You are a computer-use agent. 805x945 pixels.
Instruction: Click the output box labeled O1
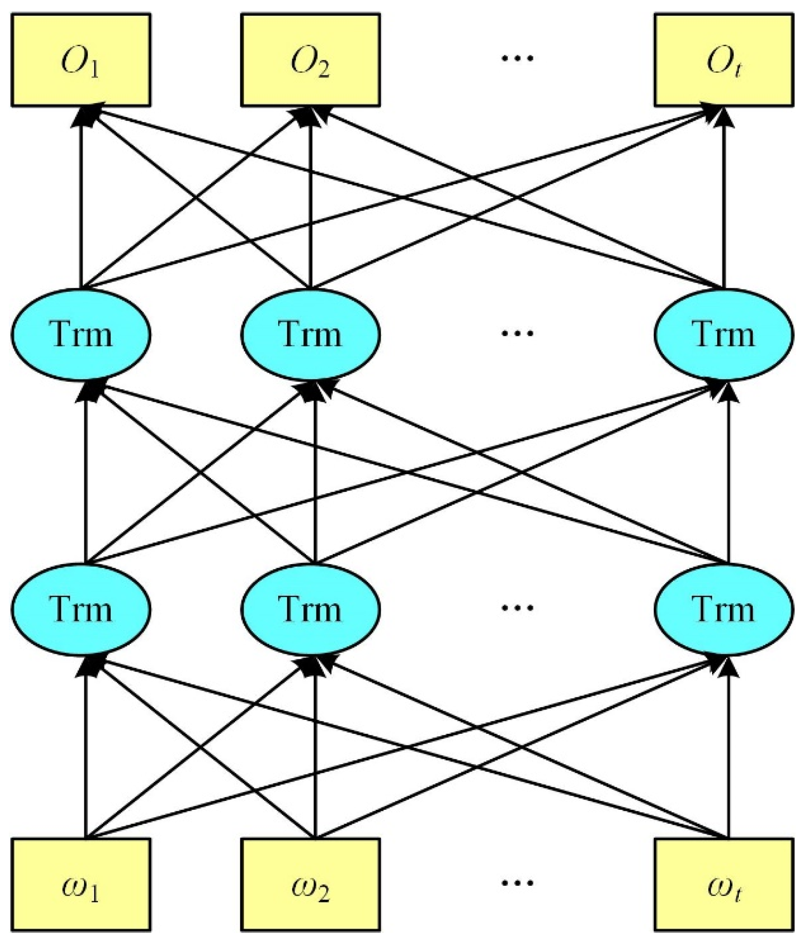81,60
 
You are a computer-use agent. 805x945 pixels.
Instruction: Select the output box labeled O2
310,60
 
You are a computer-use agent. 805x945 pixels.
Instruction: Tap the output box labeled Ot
723,60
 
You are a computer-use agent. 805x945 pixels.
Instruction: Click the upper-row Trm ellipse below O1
81,334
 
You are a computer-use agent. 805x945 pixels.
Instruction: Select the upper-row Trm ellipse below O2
310,334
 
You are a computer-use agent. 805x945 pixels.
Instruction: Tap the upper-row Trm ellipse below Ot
723,334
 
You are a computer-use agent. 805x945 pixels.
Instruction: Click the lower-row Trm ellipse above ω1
81,609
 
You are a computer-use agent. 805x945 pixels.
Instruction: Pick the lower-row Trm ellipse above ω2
310,609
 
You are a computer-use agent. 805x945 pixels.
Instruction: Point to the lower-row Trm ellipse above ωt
723,609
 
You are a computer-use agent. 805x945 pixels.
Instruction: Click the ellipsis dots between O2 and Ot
517,58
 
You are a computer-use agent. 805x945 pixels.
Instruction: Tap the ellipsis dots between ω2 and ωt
517,883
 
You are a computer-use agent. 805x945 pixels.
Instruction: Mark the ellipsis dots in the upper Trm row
517,333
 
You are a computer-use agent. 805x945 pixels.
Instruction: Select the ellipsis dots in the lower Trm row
517,607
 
